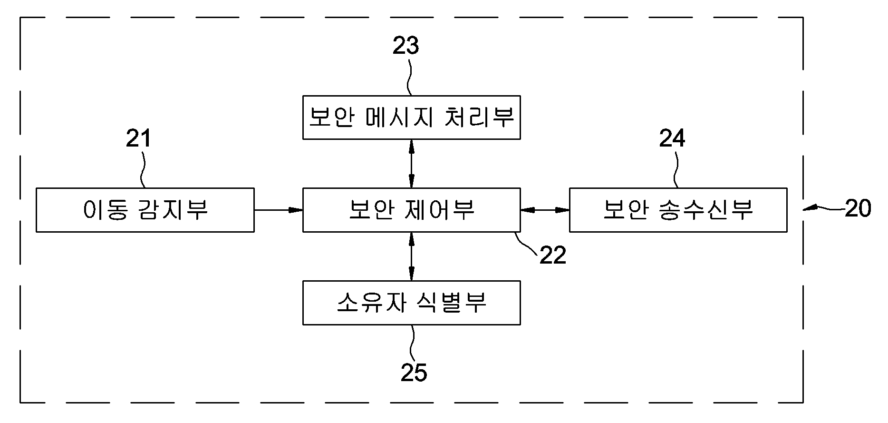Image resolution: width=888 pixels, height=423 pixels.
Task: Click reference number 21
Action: pyautogui.click(x=138, y=138)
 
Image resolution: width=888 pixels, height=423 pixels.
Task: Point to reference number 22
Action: pyautogui.click(x=553, y=256)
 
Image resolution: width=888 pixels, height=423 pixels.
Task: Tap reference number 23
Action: pyautogui.click(x=405, y=46)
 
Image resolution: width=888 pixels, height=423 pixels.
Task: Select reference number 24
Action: pyautogui.click(x=672, y=138)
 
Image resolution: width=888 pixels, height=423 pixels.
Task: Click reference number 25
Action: pyautogui.click(x=414, y=373)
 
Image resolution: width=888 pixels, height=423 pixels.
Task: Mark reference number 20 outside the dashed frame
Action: pyautogui.click(x=858, y=208)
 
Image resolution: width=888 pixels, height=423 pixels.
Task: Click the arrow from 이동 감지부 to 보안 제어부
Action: pyautogui.click(x=279, y=210)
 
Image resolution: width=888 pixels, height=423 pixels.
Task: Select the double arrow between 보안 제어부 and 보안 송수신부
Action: pyautogui.click(x=545, y=210)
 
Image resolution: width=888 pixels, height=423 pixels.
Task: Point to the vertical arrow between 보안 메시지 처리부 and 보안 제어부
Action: pyautogui.click(x=412, y=164)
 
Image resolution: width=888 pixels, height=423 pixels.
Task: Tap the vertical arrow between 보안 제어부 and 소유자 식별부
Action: pyautogui.click(x=412, y=256)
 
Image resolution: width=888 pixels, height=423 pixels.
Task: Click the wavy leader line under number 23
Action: pyautogui.click(x=409, y=76)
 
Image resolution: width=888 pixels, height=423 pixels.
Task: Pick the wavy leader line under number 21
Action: pyautogui.click(x=142, y=169)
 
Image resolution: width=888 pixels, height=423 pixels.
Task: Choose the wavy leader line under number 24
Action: pyautogui.click(x=676, y=169)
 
